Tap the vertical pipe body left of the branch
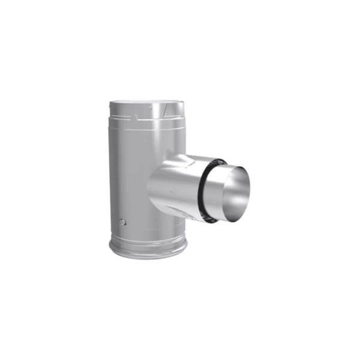coord(129,180)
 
